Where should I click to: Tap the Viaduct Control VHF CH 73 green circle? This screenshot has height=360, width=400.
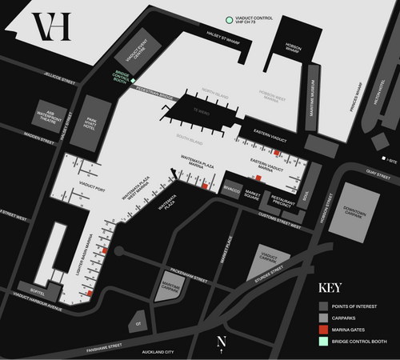[230, 18]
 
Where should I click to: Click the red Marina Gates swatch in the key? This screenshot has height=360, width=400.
[324, 329]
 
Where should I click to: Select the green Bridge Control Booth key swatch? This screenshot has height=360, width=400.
[324, 342]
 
